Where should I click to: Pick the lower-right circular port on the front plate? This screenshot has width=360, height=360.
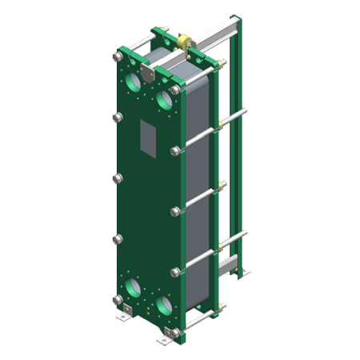pos(166,306)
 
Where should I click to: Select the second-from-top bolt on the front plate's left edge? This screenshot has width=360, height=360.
pos(117,118)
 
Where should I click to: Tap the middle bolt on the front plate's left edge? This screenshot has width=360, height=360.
pos(117,178)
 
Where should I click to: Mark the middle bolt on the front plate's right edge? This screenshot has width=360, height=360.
pos(176,212)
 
